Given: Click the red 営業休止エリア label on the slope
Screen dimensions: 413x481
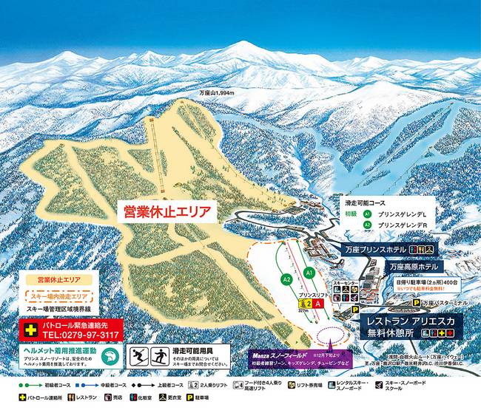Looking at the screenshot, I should [167, 213].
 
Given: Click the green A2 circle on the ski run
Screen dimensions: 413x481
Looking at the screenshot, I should [286, 279].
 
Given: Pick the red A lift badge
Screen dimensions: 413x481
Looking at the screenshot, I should [319, 302].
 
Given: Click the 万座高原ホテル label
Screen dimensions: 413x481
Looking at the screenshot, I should [402, 266].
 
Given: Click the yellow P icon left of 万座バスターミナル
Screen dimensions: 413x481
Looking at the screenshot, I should [416, 303].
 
